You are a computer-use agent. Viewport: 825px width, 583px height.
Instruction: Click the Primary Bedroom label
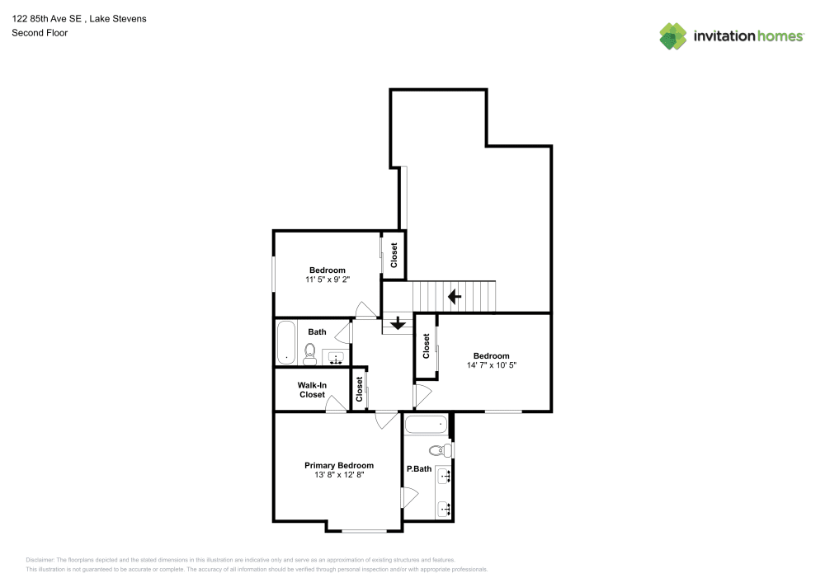pyautogui.click(x=339, y=465)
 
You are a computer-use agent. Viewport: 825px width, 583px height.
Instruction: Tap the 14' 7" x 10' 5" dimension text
pyautogui.click(x=492, y=365)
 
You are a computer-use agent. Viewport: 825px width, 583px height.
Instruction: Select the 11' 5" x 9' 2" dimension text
pyautogui.click(x=328, y=280)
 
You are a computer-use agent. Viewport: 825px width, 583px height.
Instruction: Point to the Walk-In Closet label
pyautogui.click(x=312, y=390)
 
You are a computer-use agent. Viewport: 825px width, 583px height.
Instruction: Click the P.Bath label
pyautogui.click(x=419, y=469)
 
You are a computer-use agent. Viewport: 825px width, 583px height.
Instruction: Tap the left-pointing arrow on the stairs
pyautogui.click(x=455, y=297)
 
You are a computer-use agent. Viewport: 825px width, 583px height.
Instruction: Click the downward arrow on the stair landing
pyautogui.click(x=398, y=322)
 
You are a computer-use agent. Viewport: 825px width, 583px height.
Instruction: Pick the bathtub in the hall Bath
pyautogui.click(x=286, y=342)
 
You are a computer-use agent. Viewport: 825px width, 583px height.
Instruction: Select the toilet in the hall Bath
pyautogui.click(x=310, y=354)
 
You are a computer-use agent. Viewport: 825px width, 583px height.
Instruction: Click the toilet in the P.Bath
pyautogui.click(x=441, y=450)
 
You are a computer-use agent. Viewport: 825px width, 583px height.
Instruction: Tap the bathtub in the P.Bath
pyautogui.click(x=427, y=425)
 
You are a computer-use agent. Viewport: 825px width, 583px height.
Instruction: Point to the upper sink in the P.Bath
pyautogui.click(x=445, y=477)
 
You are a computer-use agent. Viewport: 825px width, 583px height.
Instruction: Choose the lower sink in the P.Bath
pyautogui.click(x=445, y=509)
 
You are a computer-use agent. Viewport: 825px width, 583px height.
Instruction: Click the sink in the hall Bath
pyautogui.click(x=336, y=359)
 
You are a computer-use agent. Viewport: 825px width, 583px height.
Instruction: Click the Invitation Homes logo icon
pyautogui.click(x=673, y=36)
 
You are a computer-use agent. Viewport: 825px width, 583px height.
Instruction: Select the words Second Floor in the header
pyautogui.click(x=40, y=33)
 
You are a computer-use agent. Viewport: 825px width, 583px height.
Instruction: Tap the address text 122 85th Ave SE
pyautogui.click(x=47, y=18)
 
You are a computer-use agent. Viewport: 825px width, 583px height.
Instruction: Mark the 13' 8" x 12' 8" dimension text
pyautogui.click(x=339, y=475)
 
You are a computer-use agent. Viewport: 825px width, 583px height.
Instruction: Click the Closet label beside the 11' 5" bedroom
pyautogui.click(x=394, y=256)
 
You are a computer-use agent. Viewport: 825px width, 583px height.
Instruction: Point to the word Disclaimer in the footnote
pyautogui.click(x=40, y=560)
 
